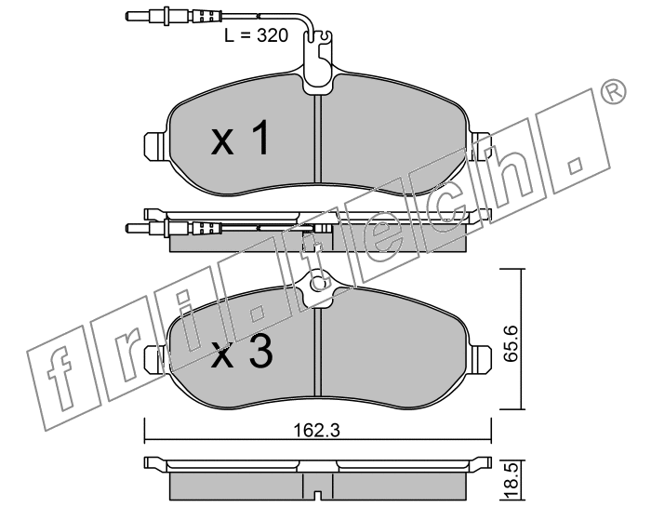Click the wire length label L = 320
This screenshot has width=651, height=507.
point(256,35)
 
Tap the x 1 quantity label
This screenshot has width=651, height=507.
point(241,138)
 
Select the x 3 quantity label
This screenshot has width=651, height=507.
point(242,353)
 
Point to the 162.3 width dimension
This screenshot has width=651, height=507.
point(317,430)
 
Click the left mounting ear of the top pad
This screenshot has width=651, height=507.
point(155,146)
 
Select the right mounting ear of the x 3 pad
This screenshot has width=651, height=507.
point(481,358)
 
